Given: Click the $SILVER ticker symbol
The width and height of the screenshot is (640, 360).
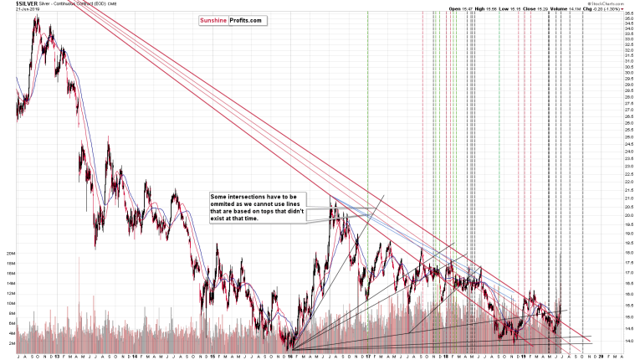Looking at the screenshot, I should coord(14,3).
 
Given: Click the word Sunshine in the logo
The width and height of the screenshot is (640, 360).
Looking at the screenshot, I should coord(213,20).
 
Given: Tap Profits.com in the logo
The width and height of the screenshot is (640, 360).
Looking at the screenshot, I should coord(247,20).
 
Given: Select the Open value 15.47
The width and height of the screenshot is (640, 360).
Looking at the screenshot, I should coord(464,8).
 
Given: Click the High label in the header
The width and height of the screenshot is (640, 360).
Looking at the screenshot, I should coord(479,8).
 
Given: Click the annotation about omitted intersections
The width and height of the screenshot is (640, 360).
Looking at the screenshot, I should coord(258,207).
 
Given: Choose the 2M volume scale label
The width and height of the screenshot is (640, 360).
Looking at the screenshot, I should coord(10,343).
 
